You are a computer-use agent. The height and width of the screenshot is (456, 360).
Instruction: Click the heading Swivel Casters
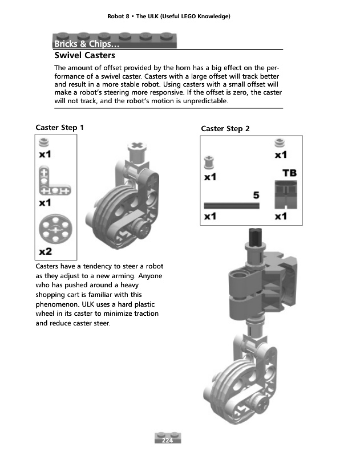pos(84,55)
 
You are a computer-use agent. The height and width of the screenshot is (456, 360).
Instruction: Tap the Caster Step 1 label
pos(60,128)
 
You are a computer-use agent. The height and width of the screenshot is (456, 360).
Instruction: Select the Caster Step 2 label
pos(225,129)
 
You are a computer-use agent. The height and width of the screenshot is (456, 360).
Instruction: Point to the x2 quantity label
pos(46,251)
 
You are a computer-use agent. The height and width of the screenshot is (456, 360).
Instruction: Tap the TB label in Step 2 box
pos(289,172)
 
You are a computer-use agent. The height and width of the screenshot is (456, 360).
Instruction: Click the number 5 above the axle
pos(256,195)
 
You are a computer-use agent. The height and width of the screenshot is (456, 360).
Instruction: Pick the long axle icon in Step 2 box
pos(231,205)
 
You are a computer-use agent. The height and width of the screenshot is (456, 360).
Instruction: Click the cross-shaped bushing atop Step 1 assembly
pos(137,150)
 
